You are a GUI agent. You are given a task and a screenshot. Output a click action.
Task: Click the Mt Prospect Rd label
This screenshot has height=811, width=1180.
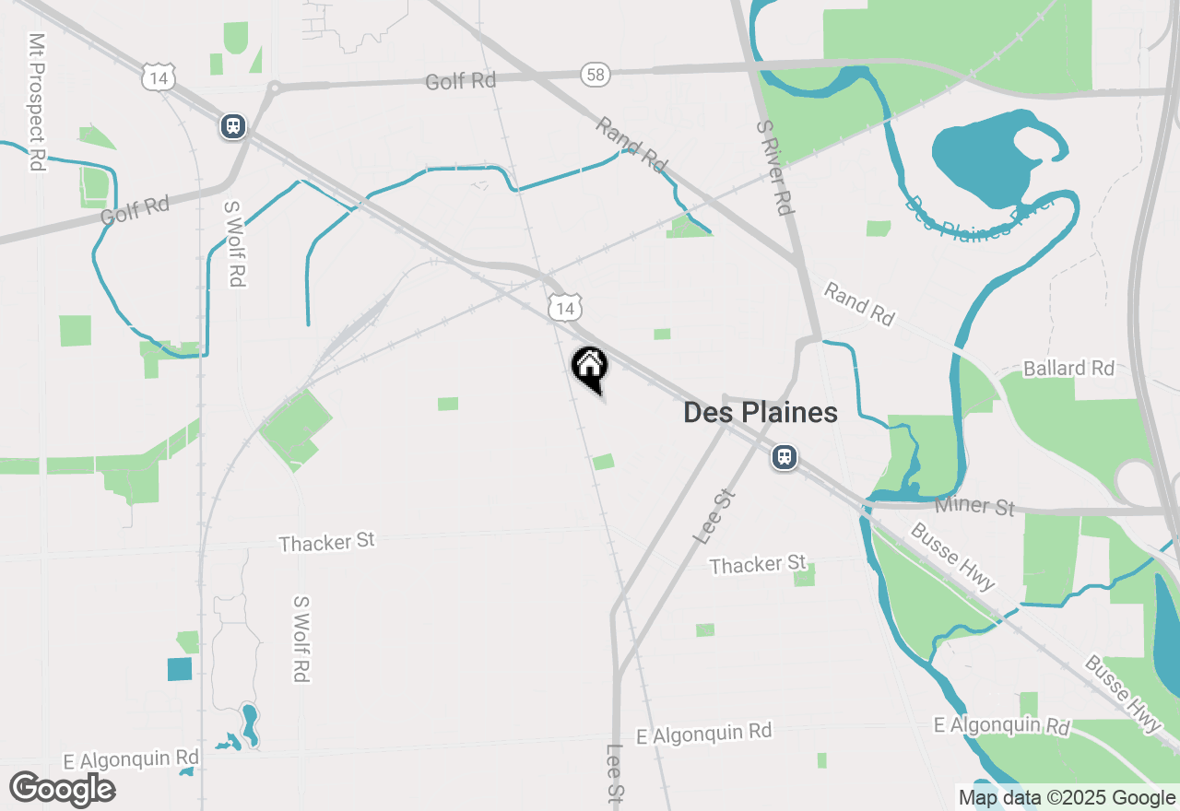[36, 102]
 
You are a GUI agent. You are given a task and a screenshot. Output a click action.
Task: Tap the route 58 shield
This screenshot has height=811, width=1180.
[596, 75]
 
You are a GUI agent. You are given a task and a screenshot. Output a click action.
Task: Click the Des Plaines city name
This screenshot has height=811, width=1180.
[761, 413]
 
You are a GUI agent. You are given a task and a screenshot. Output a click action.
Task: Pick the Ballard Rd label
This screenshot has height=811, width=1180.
[1068, 369]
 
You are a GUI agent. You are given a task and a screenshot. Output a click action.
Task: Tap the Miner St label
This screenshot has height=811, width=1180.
[974, 506]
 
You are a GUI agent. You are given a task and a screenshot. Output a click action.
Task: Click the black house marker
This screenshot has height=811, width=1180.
[589, 366]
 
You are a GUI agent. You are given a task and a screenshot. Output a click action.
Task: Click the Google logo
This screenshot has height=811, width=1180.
[62, 788]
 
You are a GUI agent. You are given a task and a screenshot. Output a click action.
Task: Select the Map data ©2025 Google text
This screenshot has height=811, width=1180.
[1067, 798]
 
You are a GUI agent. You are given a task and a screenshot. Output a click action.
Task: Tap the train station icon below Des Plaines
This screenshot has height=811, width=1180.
[785, 456]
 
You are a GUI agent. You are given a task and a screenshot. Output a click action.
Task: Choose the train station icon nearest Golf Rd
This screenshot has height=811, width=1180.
[232, 126]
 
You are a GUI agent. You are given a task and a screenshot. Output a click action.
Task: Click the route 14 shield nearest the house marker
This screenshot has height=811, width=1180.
[564, 307]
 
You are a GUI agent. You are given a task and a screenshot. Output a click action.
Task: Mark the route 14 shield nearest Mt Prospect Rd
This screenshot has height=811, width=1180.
[159, 77]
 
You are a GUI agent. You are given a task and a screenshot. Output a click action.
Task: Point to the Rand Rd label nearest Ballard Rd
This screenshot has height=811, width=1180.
[859, 304]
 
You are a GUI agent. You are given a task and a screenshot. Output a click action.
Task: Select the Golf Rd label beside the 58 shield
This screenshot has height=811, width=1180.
[461, 81]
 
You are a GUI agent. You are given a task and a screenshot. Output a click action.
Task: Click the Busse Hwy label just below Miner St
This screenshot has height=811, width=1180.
[952, 556]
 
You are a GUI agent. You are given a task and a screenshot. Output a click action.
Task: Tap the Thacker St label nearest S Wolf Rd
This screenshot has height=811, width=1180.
[327, 542]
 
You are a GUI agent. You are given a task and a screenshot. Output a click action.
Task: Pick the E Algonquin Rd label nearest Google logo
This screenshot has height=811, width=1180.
[131, 759]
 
